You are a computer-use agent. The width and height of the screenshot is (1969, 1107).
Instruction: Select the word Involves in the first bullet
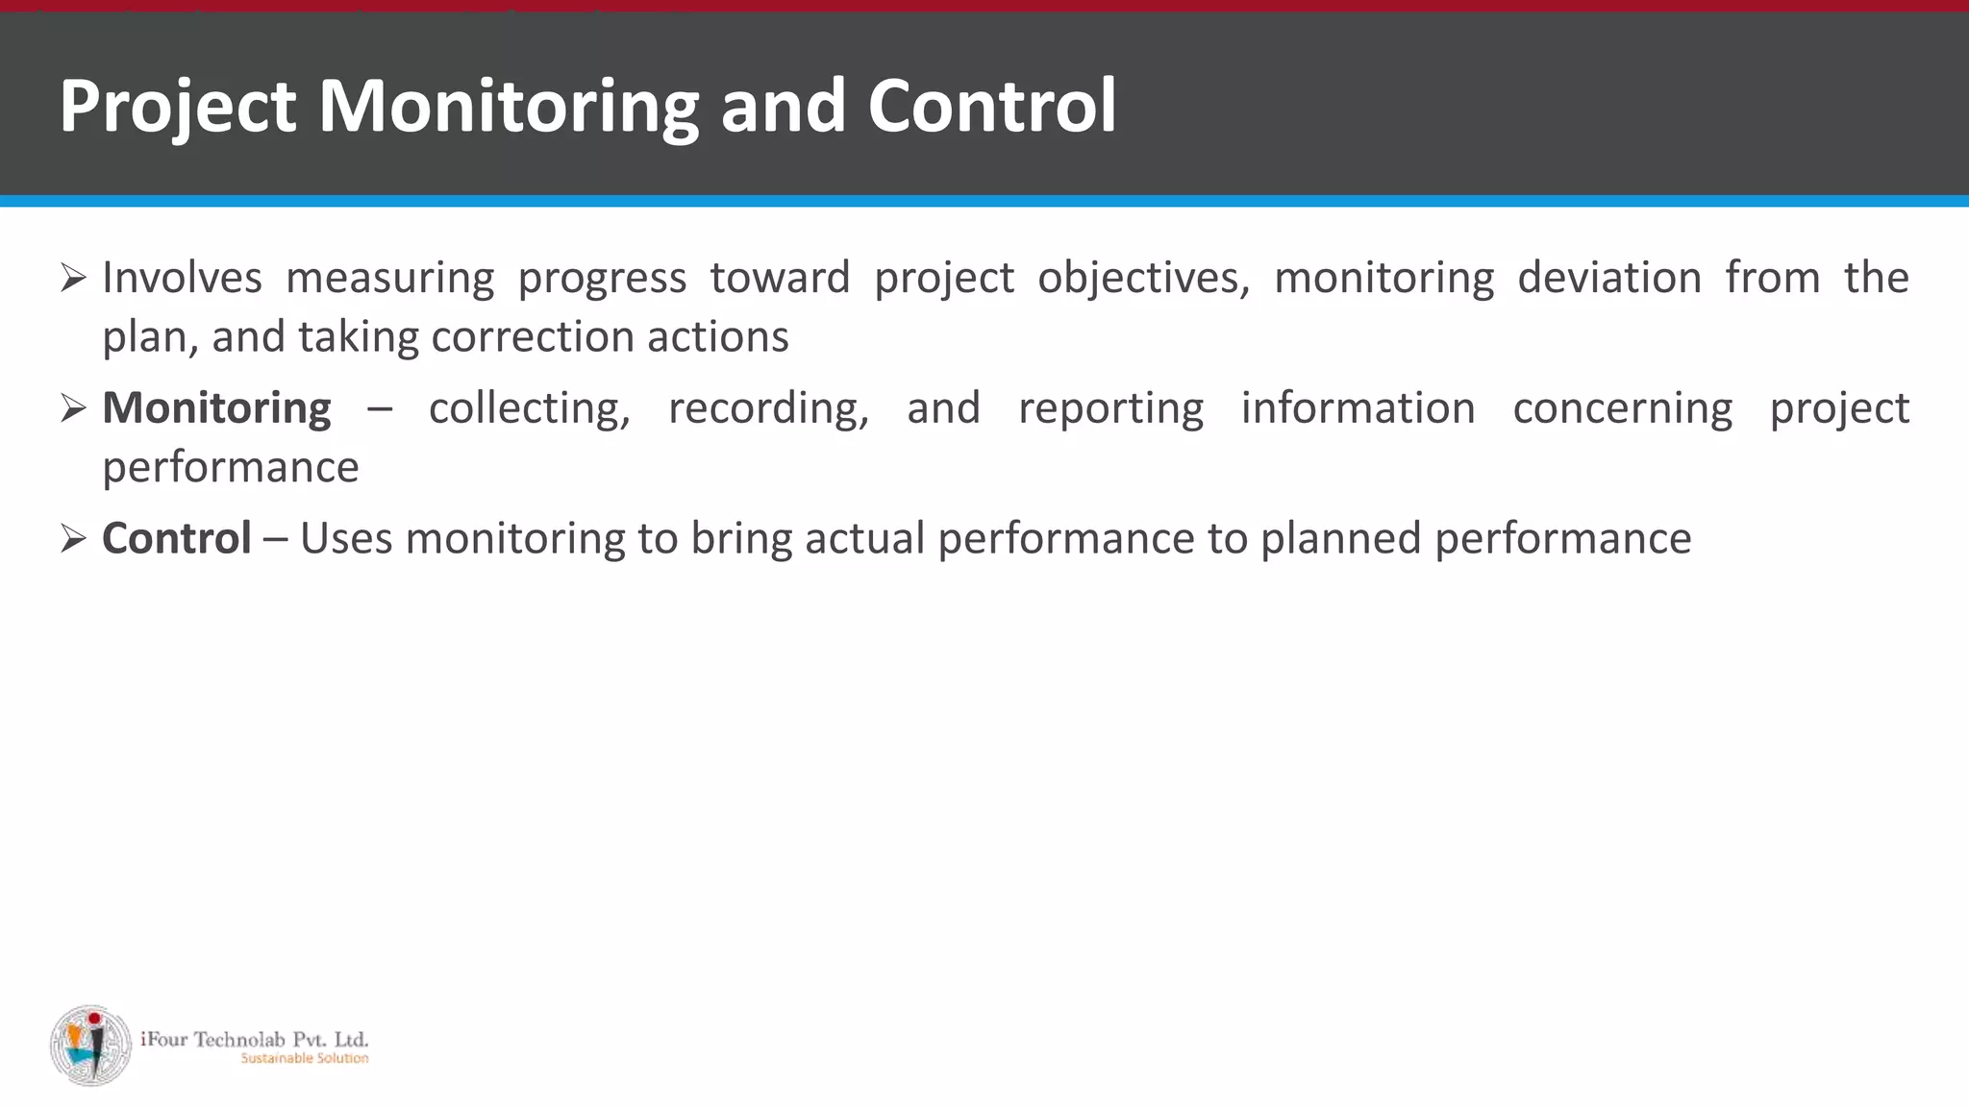pos(182,278)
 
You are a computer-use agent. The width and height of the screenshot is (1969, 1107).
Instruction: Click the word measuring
pos(390,278)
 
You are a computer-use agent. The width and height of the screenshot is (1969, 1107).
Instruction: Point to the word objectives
pos(1143,278)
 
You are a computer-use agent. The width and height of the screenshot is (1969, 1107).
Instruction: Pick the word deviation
pos(1609,278)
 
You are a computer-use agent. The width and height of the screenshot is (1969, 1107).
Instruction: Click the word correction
pos(533,337)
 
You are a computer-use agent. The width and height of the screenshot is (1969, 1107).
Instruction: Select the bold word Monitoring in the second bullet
pos(216,408)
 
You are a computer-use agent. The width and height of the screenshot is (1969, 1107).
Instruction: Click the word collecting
pos(529,408)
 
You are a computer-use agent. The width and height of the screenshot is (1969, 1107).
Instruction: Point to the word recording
pos(768,408)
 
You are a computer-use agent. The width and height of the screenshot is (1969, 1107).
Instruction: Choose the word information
pos(1358,408)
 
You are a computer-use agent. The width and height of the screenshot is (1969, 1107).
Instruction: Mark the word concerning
pos(1622,408)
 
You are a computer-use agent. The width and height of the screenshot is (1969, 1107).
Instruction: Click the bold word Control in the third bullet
pos(177,538)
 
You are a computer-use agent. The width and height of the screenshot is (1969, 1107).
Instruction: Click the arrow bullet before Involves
pos(73,279)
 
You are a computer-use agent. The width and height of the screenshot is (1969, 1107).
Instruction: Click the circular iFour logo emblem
pos(90,1045)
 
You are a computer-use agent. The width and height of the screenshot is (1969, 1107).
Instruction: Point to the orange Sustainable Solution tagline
pos(304,1059)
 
